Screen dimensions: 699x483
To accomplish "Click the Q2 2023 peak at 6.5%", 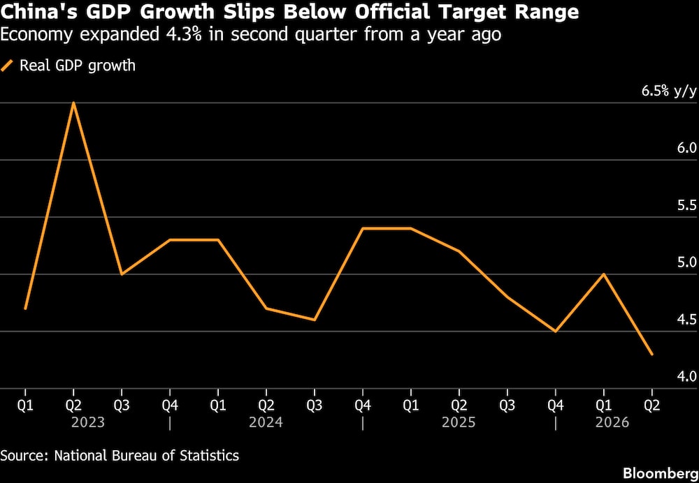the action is (73, 103).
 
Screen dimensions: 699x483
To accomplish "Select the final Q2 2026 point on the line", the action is (652, 355).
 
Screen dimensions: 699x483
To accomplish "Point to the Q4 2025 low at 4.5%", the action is (556, 332).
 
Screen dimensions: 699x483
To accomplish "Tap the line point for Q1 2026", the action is (604, 274).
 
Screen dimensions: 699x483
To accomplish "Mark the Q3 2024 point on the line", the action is (315, 320).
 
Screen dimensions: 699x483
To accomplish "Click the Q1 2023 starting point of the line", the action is (25, 309).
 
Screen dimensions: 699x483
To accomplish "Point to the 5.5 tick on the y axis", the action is (686, 206).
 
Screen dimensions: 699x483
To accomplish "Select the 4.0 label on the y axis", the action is (686, 377).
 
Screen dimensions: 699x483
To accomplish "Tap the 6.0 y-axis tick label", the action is (686, 149).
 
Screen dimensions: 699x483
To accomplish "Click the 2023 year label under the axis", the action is (88, 422).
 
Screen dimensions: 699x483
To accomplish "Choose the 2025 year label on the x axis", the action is (459, 422).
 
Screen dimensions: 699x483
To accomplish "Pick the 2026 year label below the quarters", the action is (612, 422).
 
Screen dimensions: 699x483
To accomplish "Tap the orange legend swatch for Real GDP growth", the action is (7, 66).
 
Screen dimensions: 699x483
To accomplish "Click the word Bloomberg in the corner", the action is (661, 473).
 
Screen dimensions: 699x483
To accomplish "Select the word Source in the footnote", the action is (24, 455).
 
